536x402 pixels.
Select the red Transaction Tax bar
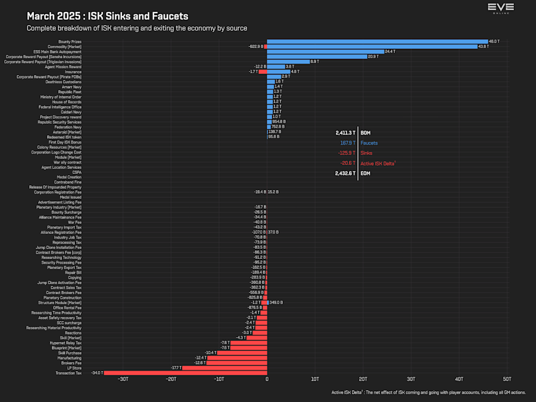(185, 373)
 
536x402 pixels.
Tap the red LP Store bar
(225, 367)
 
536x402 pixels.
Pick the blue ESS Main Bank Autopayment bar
(325, 51)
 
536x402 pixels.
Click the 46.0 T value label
(493, 41)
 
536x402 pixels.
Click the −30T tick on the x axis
(123, 379)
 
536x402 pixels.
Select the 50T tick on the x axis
(507, 379)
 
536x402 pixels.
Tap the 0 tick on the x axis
(267, 379)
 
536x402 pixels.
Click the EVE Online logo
(500, 8)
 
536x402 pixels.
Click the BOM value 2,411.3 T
(345, 133)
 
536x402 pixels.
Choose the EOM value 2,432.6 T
(345, 173)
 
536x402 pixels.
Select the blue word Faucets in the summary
(369, 143)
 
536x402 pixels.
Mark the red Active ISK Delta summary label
(378, 163)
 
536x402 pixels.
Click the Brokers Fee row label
(71, 363)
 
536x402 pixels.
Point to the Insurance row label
(73, 71)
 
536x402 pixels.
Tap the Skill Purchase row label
(70, 353)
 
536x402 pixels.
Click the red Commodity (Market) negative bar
(265, 46)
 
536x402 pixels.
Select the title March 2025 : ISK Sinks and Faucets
(107, 16)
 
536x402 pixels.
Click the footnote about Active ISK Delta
(428, 392)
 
